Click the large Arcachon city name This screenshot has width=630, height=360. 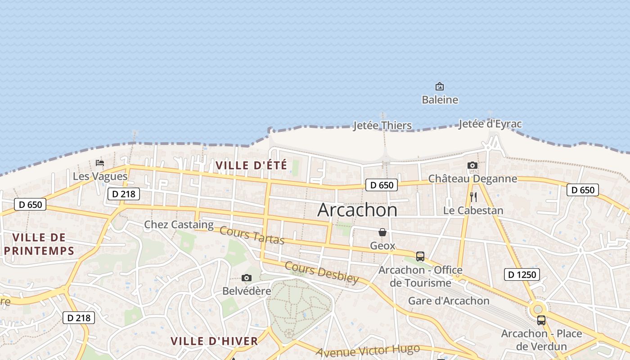pos(357,210)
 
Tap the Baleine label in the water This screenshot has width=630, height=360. pos(440,99)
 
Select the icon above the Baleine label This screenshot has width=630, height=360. pos(440,86)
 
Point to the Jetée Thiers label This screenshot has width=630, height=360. pos(382,126)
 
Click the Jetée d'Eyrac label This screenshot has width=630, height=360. pos(490,124)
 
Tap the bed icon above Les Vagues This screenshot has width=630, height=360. pos(100,162)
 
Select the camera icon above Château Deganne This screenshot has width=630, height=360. pos(472,165)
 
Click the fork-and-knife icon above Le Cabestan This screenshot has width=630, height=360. pos(473,197)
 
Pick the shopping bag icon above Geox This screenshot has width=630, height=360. pos(382,232)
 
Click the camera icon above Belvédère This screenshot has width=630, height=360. pos(246,278)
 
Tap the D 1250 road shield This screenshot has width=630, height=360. pos(522,274)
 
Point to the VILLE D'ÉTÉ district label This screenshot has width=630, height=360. pos(251,165)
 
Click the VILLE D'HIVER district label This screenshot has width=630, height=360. pos(214,341)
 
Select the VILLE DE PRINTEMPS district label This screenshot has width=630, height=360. pos(39,244)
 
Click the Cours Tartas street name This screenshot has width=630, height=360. pos(252,235)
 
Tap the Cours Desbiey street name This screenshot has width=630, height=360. pos(321,272)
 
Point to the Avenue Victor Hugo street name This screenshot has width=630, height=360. pos(368,350)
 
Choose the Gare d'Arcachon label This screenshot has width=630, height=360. pos(448,301)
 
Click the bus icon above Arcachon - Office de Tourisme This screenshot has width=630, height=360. pos(420,256)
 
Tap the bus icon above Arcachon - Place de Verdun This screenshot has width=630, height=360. pos(541,320)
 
